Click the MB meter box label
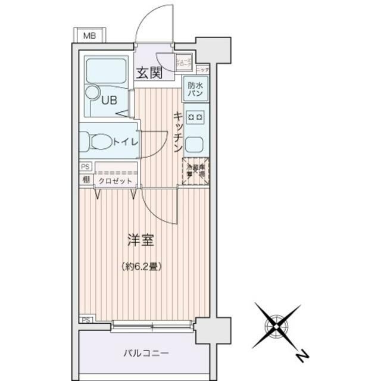(x=89, y=36)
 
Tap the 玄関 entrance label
(x=149, y=73)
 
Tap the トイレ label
(x=126, y=142)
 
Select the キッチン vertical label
(x=177, y=133)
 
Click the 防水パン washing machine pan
(x=195, y=89)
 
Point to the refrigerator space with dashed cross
(x=195, y=172)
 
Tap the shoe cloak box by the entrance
(x=183, y=61)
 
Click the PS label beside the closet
(x=85, y=168)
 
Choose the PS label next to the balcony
(x=86, y=320)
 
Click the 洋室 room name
(x=140, y=241)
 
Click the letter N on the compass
(x=302, y=357)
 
